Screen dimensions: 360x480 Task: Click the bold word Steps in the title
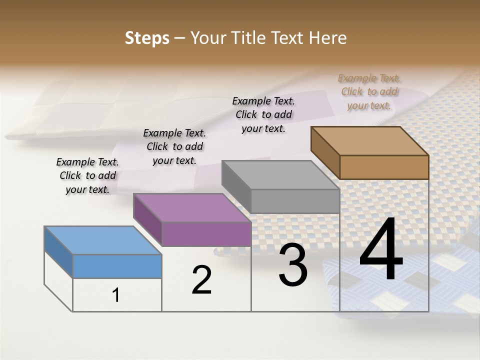[147, 38]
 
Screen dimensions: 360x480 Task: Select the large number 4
[381, 250]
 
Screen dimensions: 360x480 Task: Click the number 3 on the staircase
[293, 265]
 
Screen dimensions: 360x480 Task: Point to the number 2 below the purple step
[202, 280]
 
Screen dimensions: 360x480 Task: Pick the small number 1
[116, 295]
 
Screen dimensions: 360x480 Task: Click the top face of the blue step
[103, 240]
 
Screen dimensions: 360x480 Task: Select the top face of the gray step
[280, 175]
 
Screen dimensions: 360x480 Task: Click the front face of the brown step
[384, 167]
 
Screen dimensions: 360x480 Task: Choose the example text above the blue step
[87, 175]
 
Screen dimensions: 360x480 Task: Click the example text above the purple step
[174, 146]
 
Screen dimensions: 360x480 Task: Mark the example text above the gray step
[263, 114]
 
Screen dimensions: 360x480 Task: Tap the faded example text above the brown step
[369, 91]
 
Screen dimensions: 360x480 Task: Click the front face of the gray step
[295, 201]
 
